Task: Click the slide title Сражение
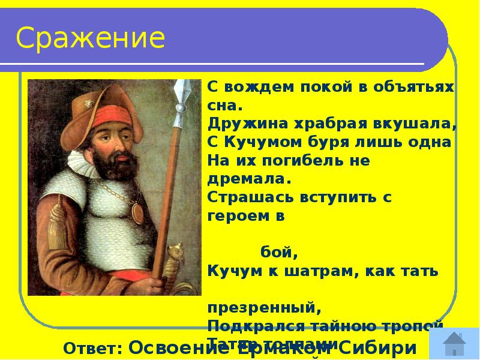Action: [x=91, y=38]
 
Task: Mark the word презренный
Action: [x=265, y=308]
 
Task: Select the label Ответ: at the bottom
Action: [x=93, y=349]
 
